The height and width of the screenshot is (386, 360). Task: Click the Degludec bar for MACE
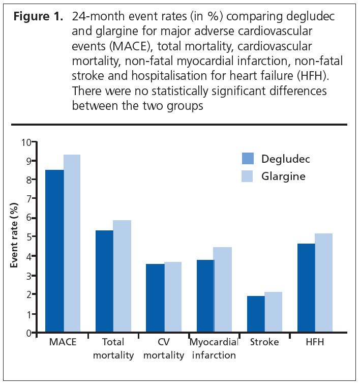(55, 251)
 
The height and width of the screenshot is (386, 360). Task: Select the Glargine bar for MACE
(72, 244)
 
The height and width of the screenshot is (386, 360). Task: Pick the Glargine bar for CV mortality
(173, 297)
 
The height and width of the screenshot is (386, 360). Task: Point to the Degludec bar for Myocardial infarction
(205, 296)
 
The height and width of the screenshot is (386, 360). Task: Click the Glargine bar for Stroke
(274, 312)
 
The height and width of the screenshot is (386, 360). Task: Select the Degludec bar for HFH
(306, 288)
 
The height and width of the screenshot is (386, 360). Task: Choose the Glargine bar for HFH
(323, 283)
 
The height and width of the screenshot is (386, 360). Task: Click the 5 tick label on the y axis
(29, 237)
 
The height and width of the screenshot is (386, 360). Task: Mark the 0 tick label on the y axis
(29, 333)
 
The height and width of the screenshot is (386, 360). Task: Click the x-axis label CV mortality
(163, 348)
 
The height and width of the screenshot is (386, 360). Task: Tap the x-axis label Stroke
(264, 342)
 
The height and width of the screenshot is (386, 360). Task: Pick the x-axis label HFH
(315, 342)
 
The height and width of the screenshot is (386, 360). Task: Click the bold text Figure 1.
(37, 16)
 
